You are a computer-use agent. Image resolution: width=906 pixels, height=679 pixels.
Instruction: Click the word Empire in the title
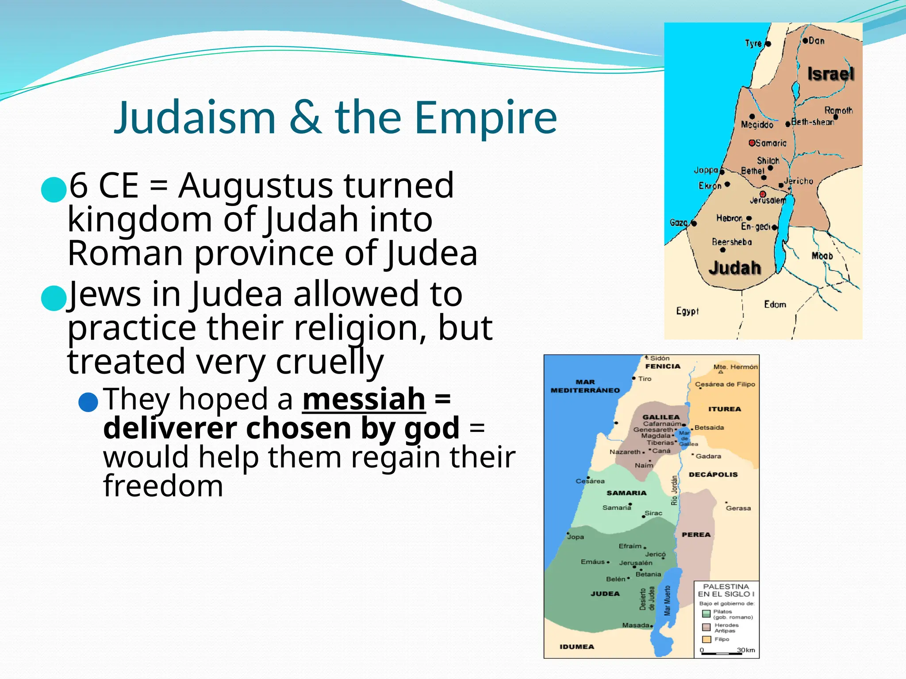click(x=486, y=118)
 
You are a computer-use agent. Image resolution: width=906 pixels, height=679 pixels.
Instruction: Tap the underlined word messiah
click(x=364, y=399)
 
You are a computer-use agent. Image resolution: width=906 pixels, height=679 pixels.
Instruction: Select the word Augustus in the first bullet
click(x=255, y=185)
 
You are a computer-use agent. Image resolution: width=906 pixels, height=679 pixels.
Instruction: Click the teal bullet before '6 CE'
click(x=54, y=189)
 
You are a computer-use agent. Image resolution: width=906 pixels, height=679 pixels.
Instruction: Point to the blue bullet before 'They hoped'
click(x=88, y=402)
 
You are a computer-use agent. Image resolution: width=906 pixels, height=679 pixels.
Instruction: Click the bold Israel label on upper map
click(x=830, y=74)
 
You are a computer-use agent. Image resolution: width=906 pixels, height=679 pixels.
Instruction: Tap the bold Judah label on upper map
click(x=734, y=268)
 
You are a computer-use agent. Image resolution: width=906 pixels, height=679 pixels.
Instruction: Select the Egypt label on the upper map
click(x=687, y=311)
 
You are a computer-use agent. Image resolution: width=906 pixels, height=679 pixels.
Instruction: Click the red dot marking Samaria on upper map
click(x=752, y=143)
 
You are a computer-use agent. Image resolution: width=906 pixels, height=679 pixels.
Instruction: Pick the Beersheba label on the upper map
click(x=732, y=242)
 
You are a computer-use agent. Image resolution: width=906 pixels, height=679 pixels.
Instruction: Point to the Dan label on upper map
click(x=816, y=41)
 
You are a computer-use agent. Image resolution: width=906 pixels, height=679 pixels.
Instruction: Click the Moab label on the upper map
click(x=822, y=256)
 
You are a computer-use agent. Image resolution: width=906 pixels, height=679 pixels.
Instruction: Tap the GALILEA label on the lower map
click(x=661, y=417)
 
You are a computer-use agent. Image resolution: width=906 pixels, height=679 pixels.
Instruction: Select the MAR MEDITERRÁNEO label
click(x=585, y=386)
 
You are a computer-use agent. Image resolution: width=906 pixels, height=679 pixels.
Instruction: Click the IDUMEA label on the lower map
click(x=577, y=647)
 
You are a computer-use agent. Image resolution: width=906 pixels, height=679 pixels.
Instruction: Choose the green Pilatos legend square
click(x=706, y=614)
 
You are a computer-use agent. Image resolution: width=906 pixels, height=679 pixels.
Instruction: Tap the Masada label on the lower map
click(x=636, y=625)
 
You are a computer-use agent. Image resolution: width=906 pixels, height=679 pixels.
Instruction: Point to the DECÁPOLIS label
click(x=713, y=474)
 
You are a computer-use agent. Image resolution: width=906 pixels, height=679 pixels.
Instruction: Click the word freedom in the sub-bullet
click(x=163, y=486)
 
